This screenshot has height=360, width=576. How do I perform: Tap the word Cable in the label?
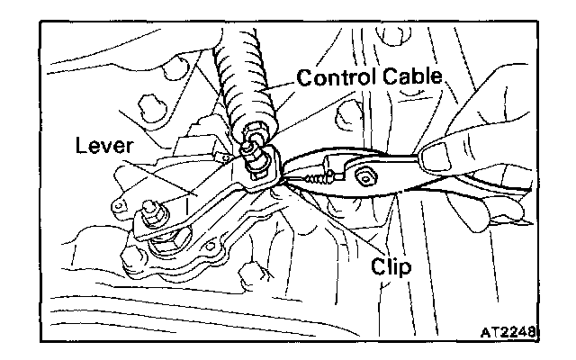(x=409, y=78)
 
